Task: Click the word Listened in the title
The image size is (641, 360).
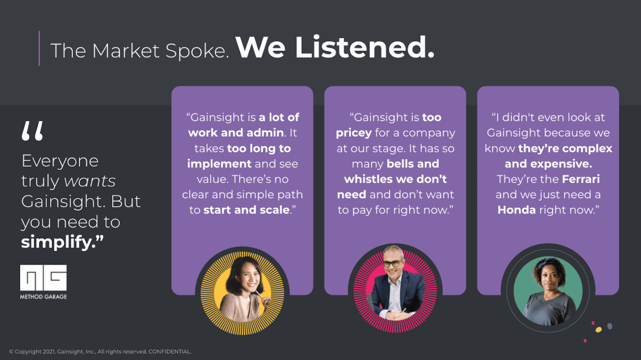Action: click(x=365, y=48)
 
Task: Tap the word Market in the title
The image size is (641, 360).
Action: click(x=126, y=51)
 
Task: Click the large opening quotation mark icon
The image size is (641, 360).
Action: click(x=32, y=131)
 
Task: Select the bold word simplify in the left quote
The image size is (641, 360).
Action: click(x=58, y=242)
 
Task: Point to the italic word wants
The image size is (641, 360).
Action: click(x=90, y=181)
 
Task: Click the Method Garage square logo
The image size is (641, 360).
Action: click(x=43, y=277)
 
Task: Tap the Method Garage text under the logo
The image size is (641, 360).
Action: click(x=43, y=297)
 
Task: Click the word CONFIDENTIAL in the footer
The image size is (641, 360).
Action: click(x=169, y=352)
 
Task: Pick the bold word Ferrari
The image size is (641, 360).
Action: click(x=580, y=179)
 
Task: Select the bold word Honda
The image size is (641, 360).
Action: click(x=516, y=210)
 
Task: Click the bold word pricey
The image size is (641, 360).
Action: click(x=353, y=133)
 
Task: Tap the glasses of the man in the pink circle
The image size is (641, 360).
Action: click(x=393, y=263)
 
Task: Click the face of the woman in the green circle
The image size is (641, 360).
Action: click(x=548, y=278)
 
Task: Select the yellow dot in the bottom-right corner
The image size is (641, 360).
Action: click(x=598, y=330)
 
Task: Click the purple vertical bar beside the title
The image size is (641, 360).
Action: click(x=39, y=48)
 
